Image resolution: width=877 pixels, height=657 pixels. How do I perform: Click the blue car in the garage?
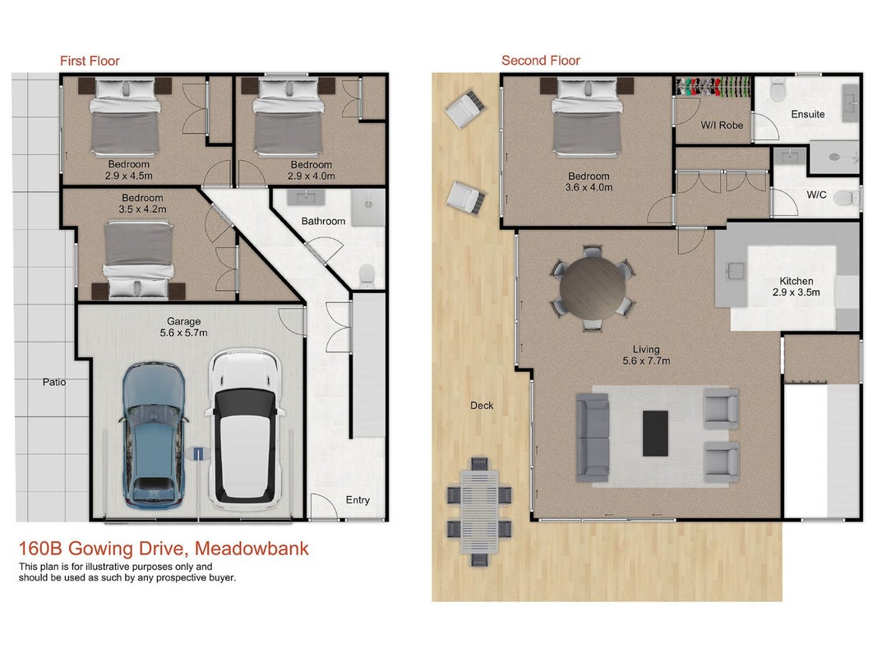click(152, 435)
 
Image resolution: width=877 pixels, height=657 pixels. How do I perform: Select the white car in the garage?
click(246, 429)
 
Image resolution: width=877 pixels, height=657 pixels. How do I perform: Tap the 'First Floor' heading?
click(90, 61)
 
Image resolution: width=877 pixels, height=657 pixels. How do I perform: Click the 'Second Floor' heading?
click(541, 60)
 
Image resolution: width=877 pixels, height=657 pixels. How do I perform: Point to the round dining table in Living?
click(593, 288)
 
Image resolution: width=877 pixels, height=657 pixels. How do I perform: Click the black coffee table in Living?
click(656, 434)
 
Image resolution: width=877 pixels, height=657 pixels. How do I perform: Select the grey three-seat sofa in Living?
click(593, 438)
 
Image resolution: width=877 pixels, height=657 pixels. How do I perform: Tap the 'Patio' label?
click(54, 382)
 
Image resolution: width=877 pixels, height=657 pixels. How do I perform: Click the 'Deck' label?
click(482, 406)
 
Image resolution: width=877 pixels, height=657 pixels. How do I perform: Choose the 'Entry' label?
click(358, 500)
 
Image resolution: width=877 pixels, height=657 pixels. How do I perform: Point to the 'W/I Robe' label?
click(722, 125)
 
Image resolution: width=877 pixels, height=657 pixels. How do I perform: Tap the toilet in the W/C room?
click(846, 197)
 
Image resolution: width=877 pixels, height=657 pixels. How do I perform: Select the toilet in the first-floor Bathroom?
click(367, 275)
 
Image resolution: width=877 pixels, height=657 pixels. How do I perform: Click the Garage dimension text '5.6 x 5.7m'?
click(183, 333)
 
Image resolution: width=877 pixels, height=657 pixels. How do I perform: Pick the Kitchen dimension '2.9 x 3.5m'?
click(796, 292)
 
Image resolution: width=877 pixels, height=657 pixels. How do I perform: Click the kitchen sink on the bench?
click(735, 272)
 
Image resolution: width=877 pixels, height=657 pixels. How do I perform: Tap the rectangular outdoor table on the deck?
click(479, 511)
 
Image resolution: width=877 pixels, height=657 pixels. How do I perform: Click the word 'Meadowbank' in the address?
click(252, 549)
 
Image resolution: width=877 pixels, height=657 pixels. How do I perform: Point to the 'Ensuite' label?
click(808, 114)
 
